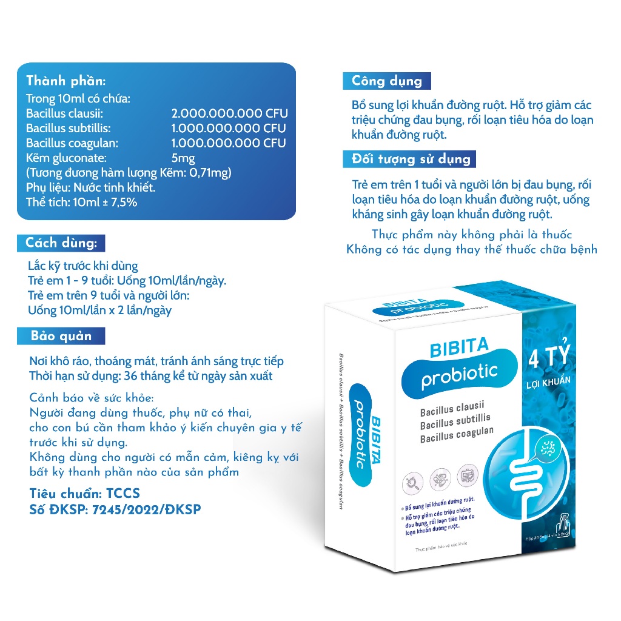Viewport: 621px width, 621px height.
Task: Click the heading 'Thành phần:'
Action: tap(65, 81)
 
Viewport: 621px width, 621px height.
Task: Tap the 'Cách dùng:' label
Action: tap(61, 244)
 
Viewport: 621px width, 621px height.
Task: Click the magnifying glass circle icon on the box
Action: tap(414, 484)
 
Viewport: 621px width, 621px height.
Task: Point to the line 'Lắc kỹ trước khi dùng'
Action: tap(83, 266)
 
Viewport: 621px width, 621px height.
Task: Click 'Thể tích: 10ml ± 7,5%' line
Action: tap(81, 202)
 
